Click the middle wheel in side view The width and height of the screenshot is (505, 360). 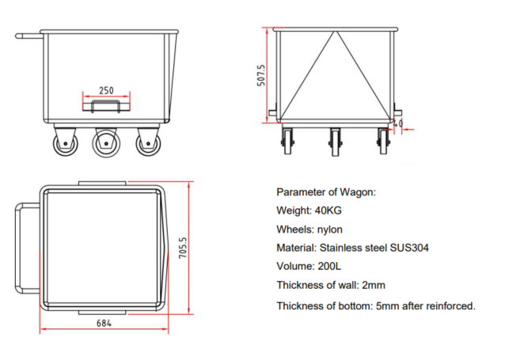[104, 144]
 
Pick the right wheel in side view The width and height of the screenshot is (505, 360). [146, 144]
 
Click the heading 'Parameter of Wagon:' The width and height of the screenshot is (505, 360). [326, 192]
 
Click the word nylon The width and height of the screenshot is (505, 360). [329, 229]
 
